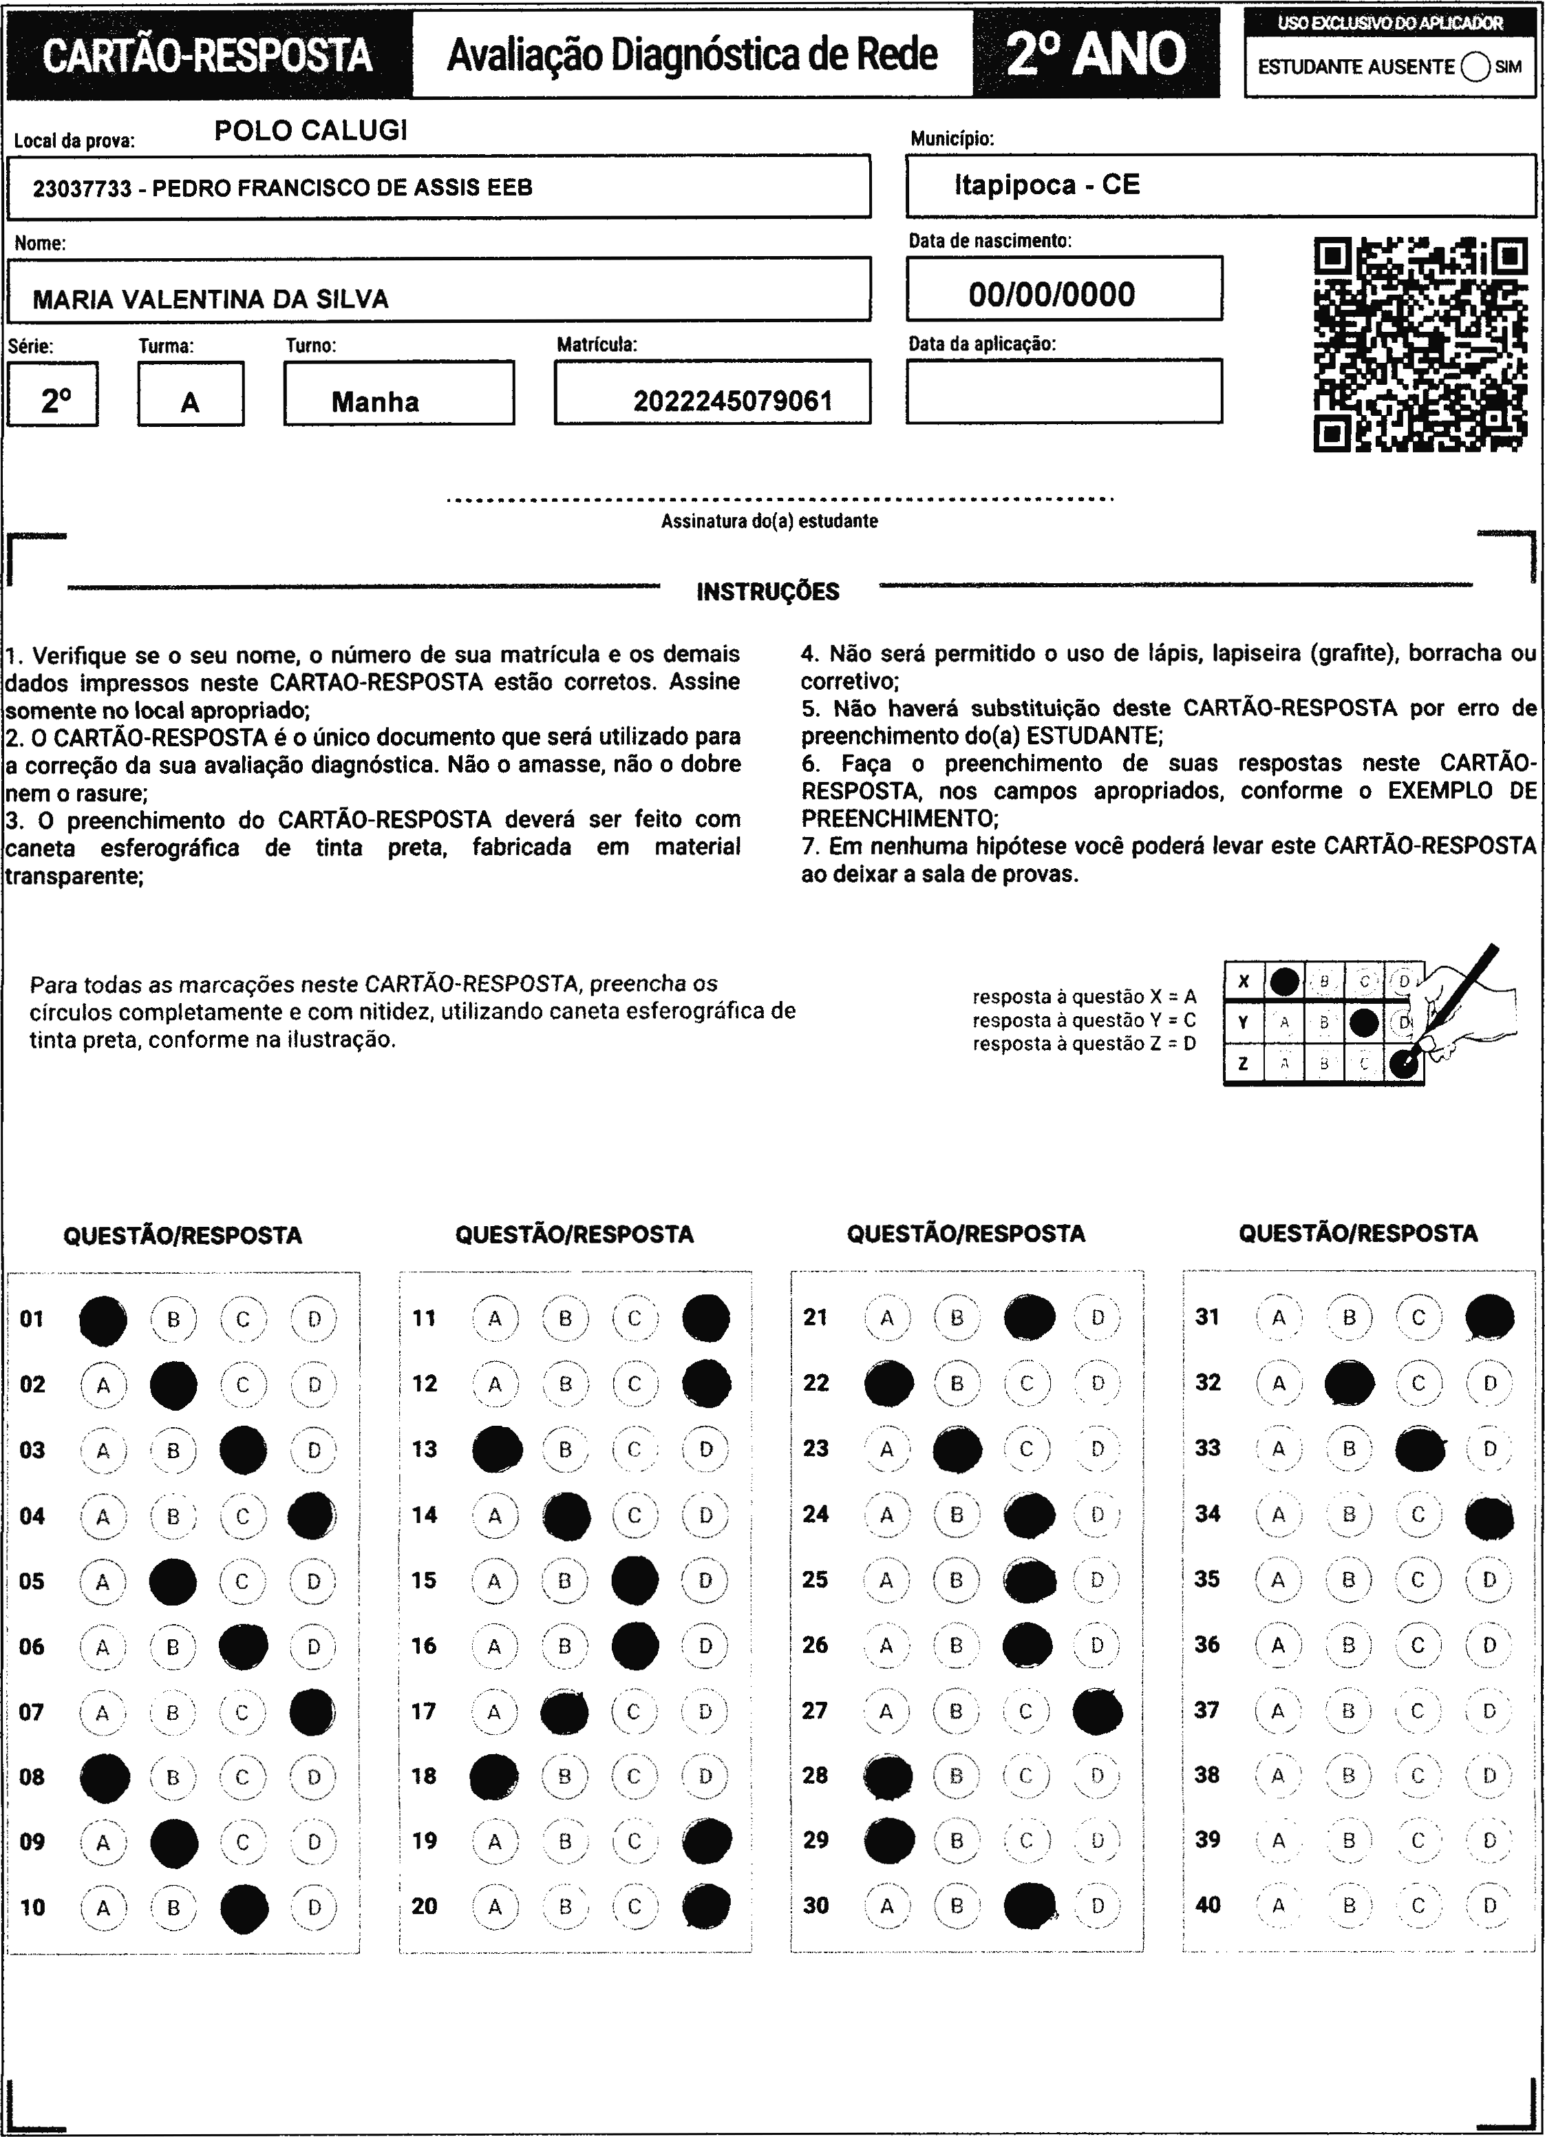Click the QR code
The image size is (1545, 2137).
click(x=1420, y=345)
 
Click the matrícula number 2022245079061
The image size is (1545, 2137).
click(x=732, y=402)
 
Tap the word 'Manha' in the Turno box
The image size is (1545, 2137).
click(x=375, y=402)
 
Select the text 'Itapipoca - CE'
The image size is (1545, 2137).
click(x=1047, y=185)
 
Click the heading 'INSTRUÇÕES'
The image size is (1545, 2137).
click(x=768, y=591)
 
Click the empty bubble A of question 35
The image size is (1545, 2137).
click(x=1279, y=1579)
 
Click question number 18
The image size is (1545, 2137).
click(x=425, y=1776)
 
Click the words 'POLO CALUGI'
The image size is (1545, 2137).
click(x=311, y=130)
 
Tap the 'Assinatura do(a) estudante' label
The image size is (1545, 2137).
click(x=769, y=521)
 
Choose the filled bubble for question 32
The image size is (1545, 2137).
click(x=1348, y=1384)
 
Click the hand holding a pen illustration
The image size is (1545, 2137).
click(x=1465, y=1013)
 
